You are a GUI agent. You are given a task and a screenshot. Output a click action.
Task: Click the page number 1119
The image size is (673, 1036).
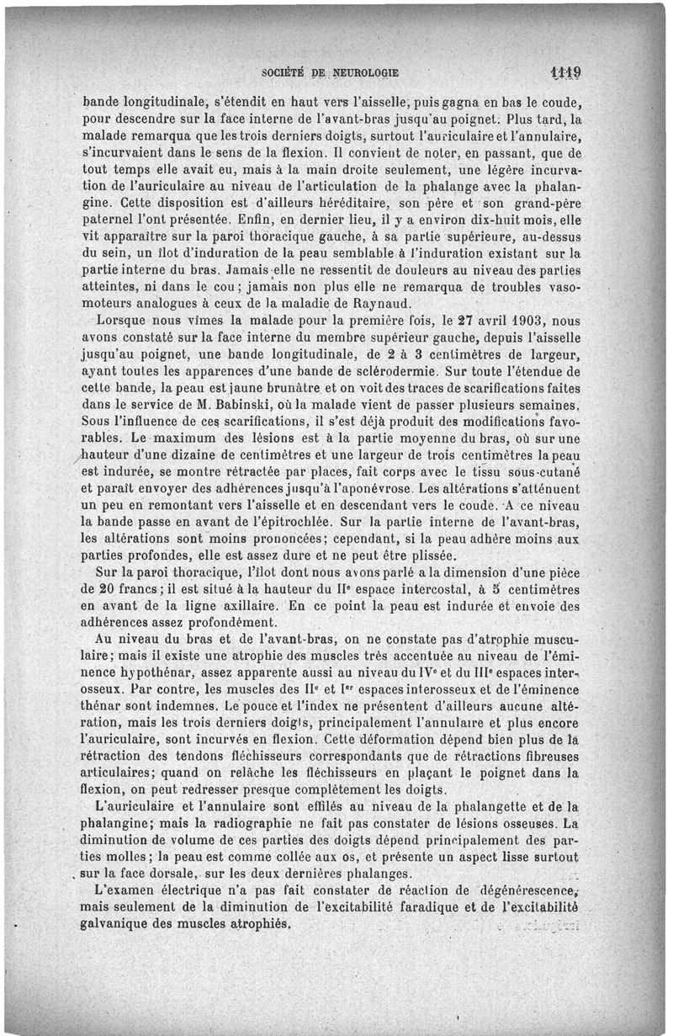(568, 72)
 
